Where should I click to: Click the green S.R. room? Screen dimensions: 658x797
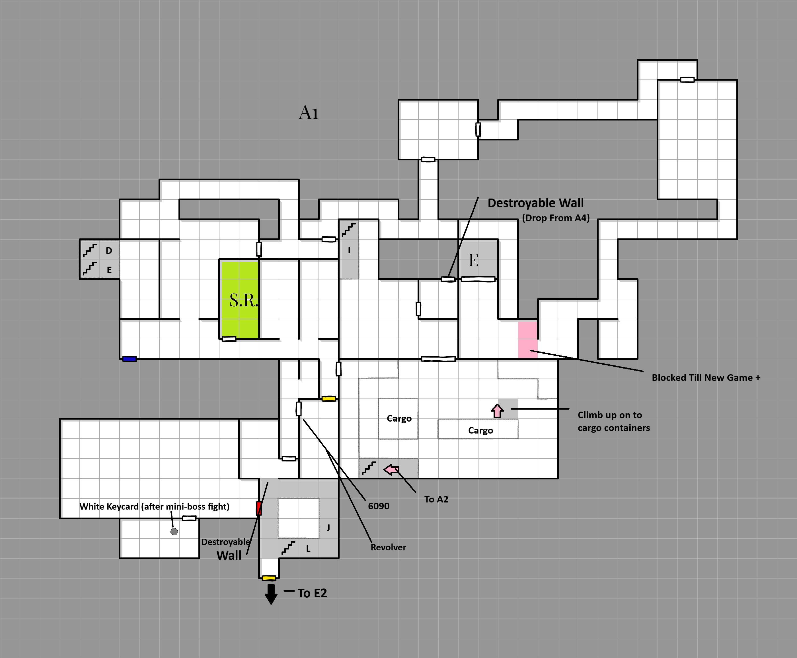click(240, 299)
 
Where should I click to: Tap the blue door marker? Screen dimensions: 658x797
click(129, 359)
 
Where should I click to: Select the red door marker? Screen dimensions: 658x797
click(259, 508)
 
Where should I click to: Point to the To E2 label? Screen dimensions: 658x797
click(312, 593)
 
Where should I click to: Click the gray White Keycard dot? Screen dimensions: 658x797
click(174, 532)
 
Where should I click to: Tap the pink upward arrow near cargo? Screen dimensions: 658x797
click(497, 410)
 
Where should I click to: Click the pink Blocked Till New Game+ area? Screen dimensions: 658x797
click(528, 340)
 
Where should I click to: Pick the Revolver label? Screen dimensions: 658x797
click(388, 547)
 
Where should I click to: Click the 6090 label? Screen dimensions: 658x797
click(378, 506)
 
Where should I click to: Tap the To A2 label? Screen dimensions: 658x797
click(436, 499)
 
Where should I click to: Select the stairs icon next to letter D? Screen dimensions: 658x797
click(90, 250)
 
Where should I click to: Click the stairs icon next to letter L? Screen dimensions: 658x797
click(288, 548)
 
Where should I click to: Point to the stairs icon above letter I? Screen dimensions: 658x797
click(348, 230)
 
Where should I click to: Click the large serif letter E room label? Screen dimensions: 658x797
click(473, 260)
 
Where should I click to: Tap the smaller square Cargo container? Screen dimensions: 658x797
click(398, 418)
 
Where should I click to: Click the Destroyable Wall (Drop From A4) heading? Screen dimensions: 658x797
click(536, 203)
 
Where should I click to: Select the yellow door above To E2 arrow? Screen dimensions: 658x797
click(269, 578)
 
